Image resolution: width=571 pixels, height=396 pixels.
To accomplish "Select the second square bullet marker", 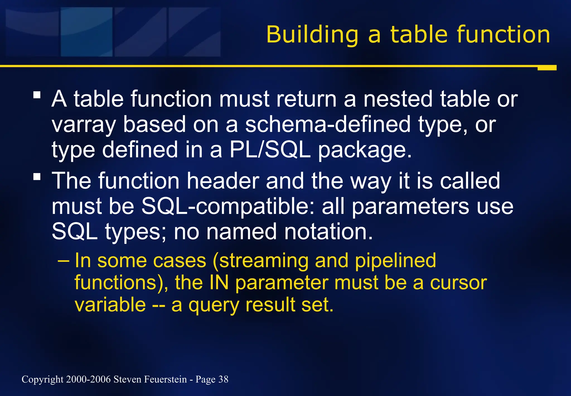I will pyautogui.click(x=37, y=176).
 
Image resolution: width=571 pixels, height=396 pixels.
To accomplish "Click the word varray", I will pyautogui.click(x=84, y=125).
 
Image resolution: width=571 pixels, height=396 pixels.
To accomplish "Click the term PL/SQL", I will pyautogui.click(x=270, y=150).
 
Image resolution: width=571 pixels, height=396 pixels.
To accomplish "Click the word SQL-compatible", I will pyautogui.click(x=228, y=207).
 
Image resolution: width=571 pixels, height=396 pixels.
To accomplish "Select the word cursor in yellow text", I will pyautogui.click(x=458, y=283).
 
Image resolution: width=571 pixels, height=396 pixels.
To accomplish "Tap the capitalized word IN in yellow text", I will pyautogui.click(x=219, y=283).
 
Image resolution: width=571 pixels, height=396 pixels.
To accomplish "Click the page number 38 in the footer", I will pyautogui.click(x=223, y=379).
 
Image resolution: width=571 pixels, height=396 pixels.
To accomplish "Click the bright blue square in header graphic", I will pyautogui.click(x=86, y=32).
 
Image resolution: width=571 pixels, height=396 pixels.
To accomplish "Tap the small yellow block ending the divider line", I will pyautogui.click(x=547, y=68).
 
